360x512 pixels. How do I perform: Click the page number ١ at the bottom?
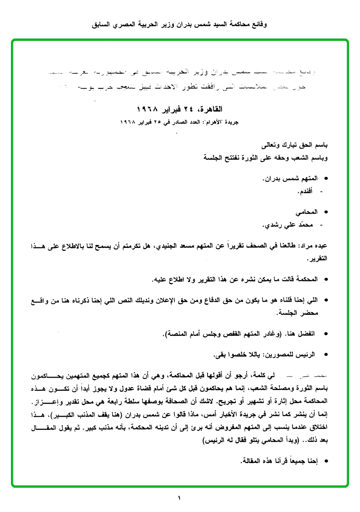[180, 498]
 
